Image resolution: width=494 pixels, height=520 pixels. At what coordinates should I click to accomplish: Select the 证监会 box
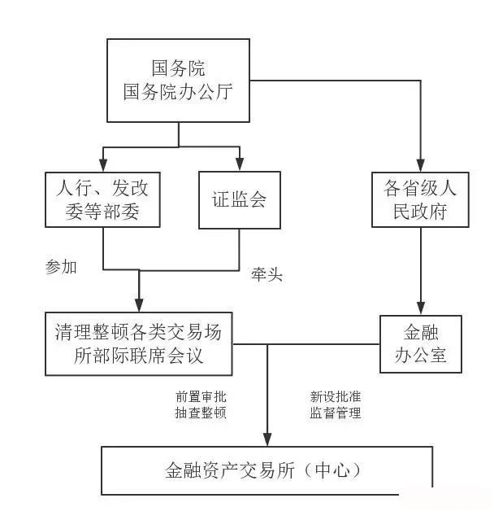[240, 199]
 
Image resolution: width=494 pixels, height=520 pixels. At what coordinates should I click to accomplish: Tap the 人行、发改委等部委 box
[103, 199]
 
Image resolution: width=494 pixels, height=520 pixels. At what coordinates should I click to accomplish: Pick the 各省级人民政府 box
[420, 199]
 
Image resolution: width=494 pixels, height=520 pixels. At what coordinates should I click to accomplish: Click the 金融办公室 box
[420, 344]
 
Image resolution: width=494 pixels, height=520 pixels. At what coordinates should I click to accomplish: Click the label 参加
[62, 266]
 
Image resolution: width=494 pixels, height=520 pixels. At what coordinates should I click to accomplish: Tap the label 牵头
[266, 275]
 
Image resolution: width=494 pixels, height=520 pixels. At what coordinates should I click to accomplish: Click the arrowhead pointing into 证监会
[240, 165]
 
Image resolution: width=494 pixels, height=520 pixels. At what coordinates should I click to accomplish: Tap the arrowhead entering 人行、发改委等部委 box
[103, 165]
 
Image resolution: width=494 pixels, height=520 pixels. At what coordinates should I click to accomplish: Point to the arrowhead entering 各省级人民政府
[420, 165]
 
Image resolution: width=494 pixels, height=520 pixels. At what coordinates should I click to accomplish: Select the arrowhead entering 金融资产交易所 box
[266, 439]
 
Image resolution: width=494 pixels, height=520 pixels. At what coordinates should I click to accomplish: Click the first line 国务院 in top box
[178, 68]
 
